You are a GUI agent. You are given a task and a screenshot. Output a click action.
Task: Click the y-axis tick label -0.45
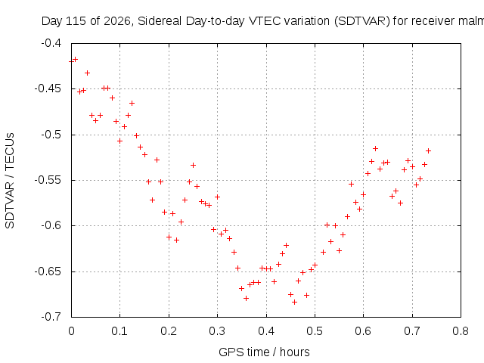(48, 89)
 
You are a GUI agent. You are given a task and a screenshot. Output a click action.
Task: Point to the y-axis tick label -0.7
(51, 317)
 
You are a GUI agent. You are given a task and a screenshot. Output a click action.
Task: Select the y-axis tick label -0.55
(48, 180)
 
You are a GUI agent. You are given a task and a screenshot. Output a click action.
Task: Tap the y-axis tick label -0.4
(51, 43)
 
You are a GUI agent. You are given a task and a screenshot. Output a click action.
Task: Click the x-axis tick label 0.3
(217, 331)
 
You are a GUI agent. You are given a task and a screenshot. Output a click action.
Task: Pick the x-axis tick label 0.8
(461, 331)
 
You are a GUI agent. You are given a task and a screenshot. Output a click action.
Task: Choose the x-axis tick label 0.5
(315, 331)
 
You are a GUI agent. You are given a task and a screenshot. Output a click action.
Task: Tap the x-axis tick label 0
(71, 331)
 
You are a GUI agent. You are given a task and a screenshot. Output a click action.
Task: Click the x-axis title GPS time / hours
(264, 352)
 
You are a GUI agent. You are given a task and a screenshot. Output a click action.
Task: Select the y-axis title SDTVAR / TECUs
(10, 181)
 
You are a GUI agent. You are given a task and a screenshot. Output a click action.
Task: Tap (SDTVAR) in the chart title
(362, 21)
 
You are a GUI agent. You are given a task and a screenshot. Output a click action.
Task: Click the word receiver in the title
(433, 21)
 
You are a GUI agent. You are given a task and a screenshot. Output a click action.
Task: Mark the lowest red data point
(294, 302)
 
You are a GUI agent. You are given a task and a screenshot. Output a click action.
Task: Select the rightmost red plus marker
(428, 151)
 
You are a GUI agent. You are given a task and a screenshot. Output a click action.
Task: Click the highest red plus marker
(75, 59)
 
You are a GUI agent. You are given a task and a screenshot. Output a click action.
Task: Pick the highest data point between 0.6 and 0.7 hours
(375, 149)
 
